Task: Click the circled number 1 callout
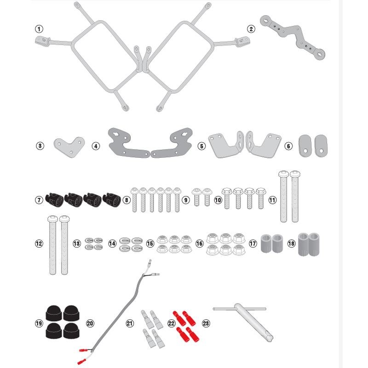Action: [39, 29]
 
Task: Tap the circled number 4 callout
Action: [96, 146]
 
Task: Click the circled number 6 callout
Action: [288, 146]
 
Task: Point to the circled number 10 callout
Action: [218, 200]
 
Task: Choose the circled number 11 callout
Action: [272, 200]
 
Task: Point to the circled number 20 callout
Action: [90, 323]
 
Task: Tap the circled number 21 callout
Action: [130, 323]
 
